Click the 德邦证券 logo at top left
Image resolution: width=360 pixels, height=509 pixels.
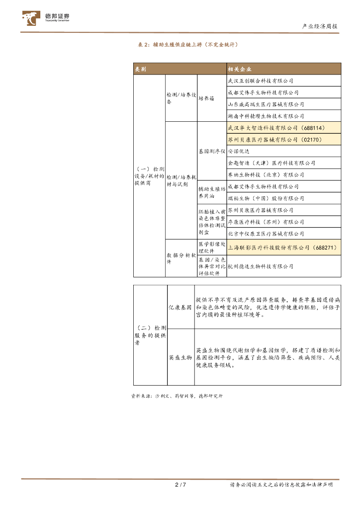46,18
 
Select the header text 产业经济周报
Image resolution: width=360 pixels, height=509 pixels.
320,26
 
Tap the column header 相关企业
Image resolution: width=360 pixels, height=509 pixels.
239,69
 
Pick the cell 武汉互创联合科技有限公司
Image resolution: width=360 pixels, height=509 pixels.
260,81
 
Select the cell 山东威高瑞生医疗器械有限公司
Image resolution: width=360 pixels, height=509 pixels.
266,104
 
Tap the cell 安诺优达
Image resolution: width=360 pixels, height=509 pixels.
238,151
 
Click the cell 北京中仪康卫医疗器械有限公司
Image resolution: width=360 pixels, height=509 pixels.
266,234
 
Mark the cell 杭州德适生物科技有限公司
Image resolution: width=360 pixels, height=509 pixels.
260,266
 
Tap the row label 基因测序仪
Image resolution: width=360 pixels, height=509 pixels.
212,151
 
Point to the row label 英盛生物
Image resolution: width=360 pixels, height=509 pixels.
180,357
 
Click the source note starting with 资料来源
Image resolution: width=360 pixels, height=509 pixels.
177,396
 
